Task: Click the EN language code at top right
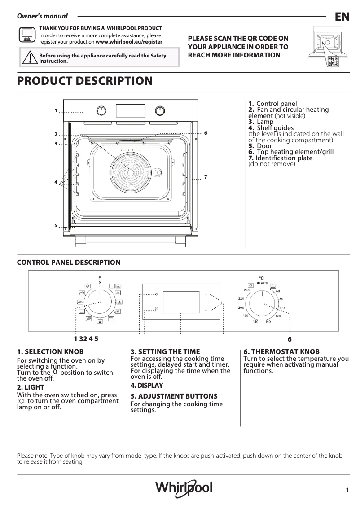click(342, 17)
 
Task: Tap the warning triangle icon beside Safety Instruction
click(30, 58)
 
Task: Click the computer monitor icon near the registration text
click(26, 35)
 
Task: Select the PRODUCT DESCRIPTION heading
click(84, 81)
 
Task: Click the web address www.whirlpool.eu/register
click(129, 41)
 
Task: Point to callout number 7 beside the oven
click(205, 177)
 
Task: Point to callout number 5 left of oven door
click(56, 225)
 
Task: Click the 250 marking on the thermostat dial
click(246, 290)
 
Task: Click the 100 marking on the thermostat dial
click(281, 308)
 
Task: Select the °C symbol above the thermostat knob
click(262, 278)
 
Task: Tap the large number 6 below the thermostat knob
click(290, 340)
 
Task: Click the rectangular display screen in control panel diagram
click(181, 303)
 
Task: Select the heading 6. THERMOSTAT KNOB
click(281, 352)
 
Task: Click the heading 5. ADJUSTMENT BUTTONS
click(174, 396)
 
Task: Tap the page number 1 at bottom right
click(347, 491)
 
